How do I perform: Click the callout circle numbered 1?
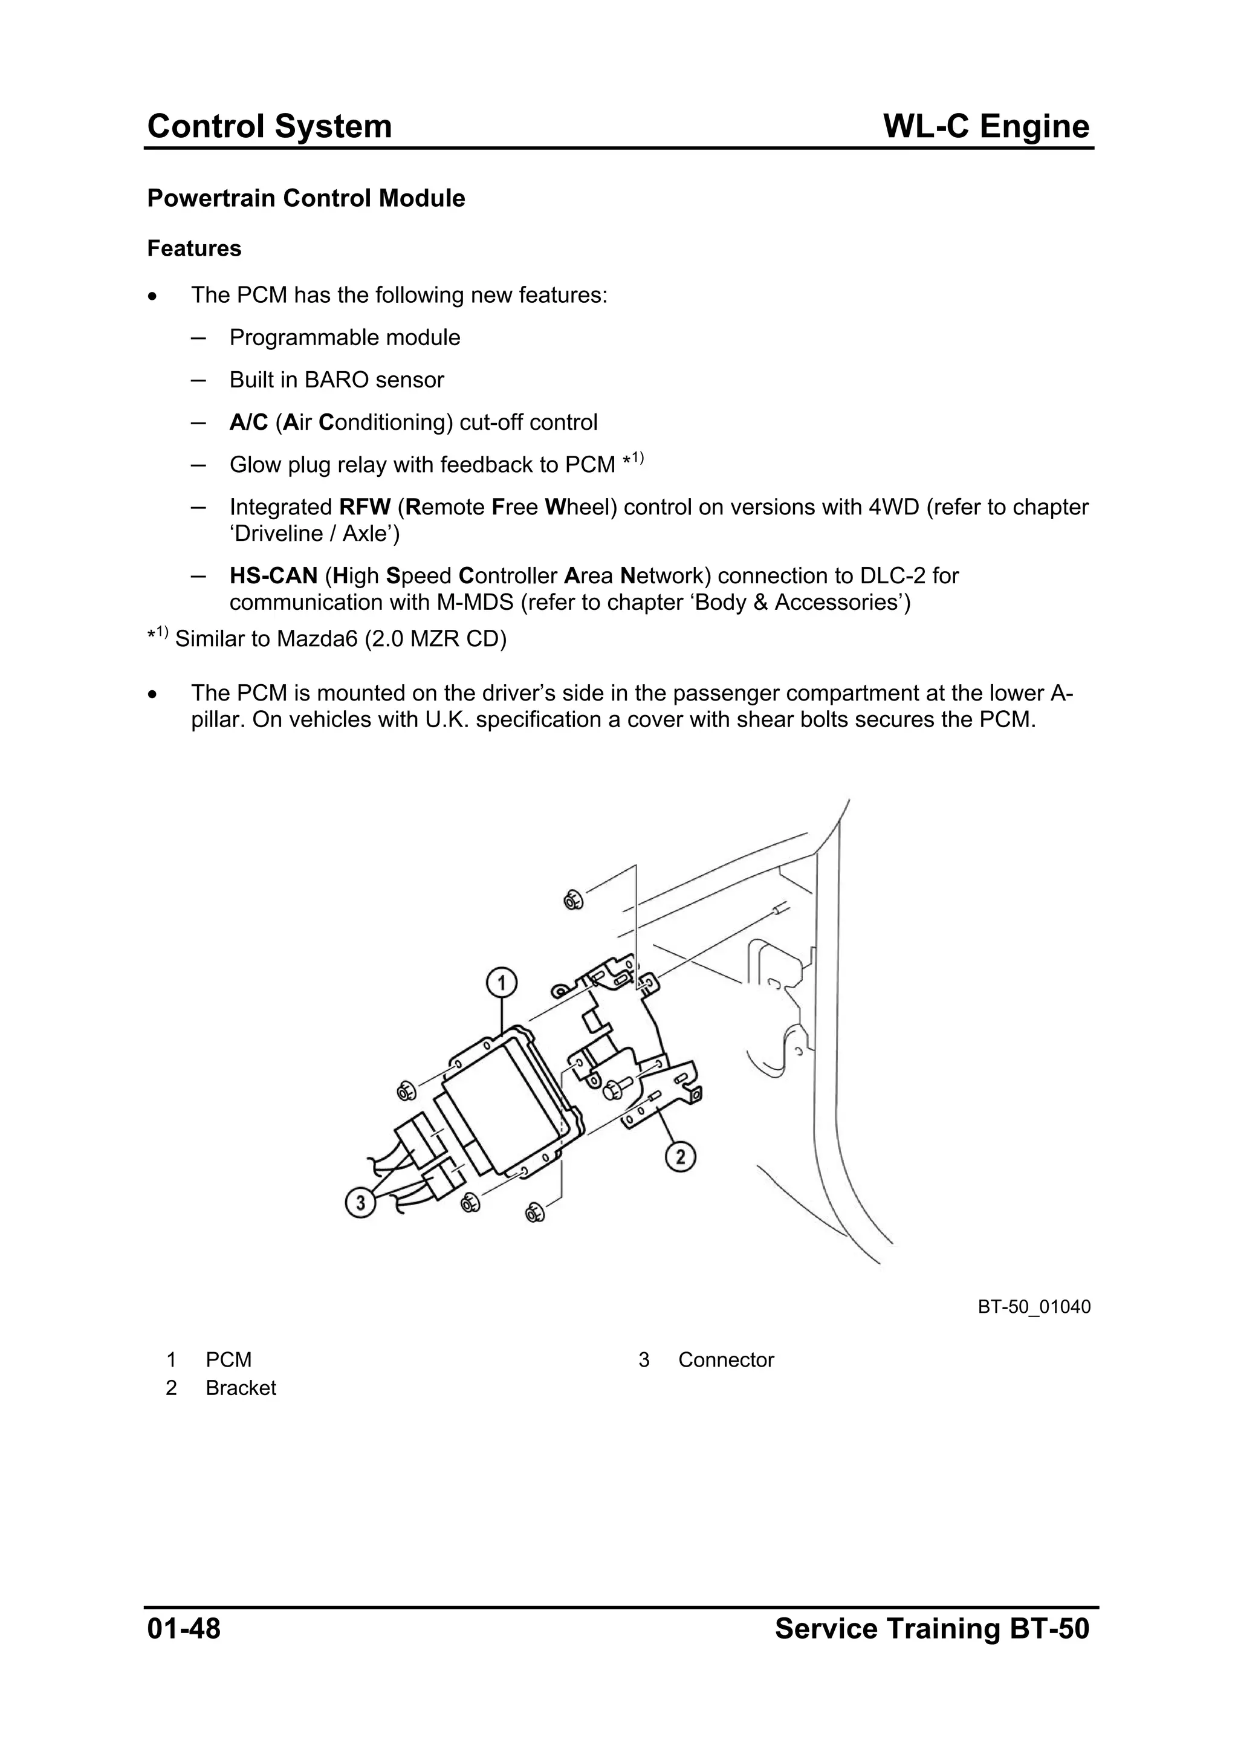[502, 982]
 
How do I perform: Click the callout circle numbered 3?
[361, 1203]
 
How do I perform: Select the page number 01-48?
[184, 1629]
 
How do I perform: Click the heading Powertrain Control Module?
[306, 198]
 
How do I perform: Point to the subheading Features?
[194, 248]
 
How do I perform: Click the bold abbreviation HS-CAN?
[273, 576]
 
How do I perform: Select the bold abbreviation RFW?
[365, 507]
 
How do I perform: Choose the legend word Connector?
[725, 1360]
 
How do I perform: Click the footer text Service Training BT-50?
[932, 1629]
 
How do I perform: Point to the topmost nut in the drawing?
[573, 901]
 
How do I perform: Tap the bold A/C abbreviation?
[248, 422]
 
